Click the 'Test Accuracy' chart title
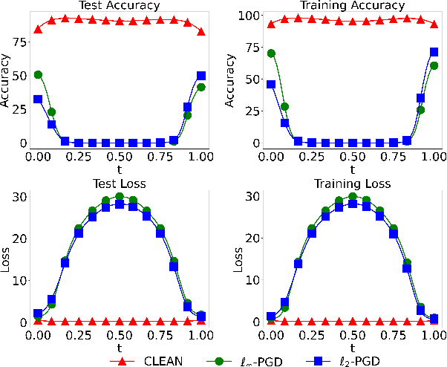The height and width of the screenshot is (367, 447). point(119,6)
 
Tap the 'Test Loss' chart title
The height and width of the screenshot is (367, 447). point(119,185)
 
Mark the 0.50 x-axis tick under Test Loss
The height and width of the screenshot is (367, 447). point(119,335)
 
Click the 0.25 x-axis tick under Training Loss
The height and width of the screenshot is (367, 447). point(312,335)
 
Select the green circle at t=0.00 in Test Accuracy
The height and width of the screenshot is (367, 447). point(38,75)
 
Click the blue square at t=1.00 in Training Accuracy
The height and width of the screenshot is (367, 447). point(434,52)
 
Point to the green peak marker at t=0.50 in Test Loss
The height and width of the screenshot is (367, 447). point(119,197)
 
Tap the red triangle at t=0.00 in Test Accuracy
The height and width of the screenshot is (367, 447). point(38,29)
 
